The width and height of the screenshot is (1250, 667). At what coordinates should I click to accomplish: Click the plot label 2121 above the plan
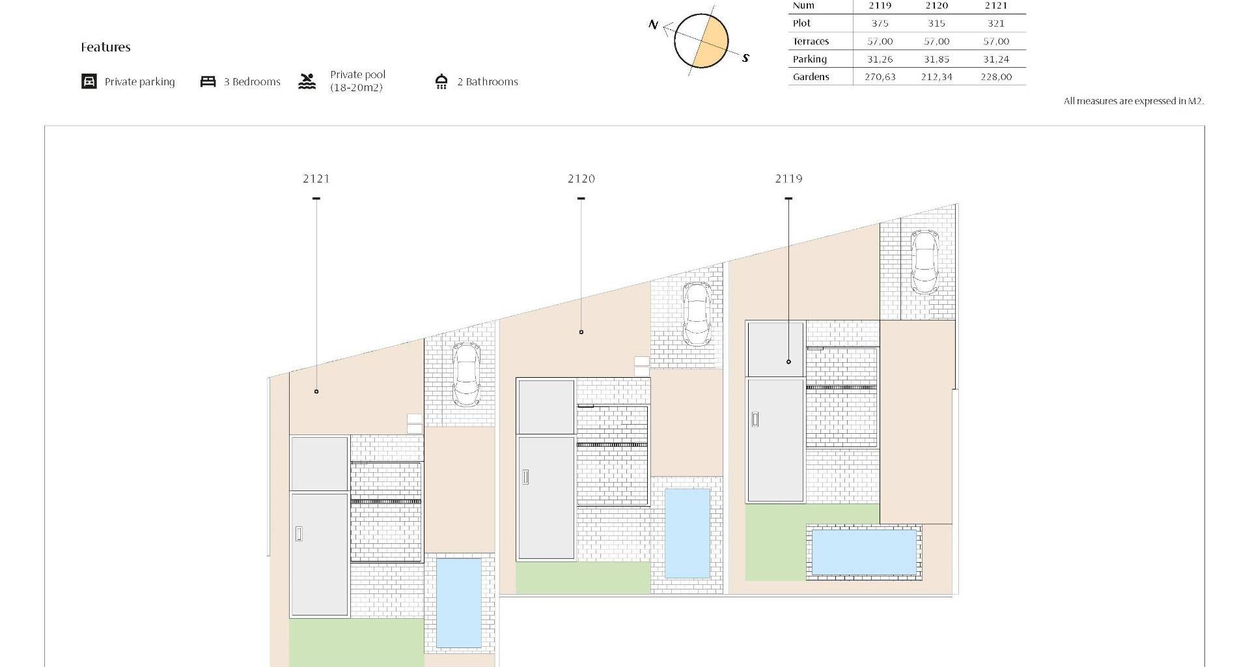pos(316,178)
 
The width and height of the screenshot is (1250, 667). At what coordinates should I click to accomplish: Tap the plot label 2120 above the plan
pos(581,178)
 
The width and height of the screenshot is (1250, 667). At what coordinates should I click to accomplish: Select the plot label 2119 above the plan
pos(788,178)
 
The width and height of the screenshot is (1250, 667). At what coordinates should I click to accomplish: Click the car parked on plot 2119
pos(923,262)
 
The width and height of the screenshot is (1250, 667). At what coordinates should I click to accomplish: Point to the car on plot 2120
pos(696,315)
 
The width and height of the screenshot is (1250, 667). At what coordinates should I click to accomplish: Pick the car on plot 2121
pos(466,375)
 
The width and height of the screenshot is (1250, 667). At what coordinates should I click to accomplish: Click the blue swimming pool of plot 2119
pos(864,552)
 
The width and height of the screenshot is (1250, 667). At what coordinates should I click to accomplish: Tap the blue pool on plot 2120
pos(687,533)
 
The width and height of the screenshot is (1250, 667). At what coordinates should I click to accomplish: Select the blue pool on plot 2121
pos(459,603)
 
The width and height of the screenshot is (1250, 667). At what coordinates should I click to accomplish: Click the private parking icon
pos(89,81)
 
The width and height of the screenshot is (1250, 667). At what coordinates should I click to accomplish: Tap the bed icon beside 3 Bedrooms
pos(208,81)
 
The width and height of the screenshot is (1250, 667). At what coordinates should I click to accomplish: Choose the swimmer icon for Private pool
pos(307,81)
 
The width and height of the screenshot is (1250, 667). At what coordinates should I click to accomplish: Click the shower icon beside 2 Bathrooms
pos(441,81)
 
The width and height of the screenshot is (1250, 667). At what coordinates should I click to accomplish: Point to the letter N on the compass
pos(654,25)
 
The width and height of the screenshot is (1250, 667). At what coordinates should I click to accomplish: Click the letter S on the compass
pos(745,58)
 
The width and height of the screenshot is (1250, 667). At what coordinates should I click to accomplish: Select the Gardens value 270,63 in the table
pos(880,77)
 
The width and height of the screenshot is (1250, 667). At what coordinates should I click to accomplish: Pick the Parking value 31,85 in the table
pos(936,59)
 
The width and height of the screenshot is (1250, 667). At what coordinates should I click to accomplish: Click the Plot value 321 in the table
pos(996,23)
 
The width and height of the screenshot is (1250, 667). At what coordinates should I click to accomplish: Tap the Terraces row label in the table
pos(811,41)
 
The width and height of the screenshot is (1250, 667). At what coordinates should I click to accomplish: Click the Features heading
pos(105,47)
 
